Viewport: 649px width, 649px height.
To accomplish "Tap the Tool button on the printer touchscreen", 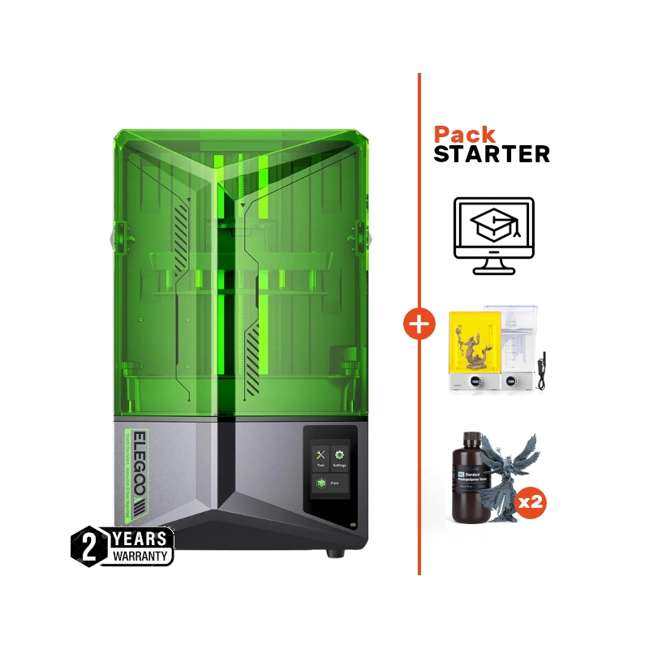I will [320, 459].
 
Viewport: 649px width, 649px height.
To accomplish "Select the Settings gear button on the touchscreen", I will [339, 459].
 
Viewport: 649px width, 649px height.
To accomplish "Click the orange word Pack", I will [465, 135].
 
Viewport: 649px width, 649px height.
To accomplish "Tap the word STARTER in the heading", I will [492, 154].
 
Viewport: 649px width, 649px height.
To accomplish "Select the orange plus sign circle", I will [419, 326].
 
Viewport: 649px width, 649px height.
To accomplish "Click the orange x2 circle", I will [531, 501].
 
